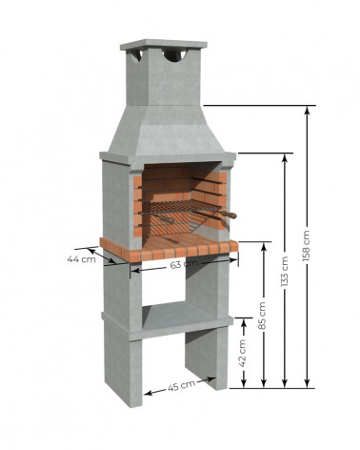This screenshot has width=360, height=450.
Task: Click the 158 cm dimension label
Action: coord(307,246)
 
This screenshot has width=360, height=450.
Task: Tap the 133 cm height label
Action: coord(285,271)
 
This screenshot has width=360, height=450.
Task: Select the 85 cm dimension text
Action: coord(263,316)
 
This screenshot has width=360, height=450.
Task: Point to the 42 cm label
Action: coord(243,353)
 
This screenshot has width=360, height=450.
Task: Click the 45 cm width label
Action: coord(181,386)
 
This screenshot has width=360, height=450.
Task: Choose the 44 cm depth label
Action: coord(81,259)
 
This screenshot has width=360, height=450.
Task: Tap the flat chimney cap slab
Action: coord(164,45)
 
